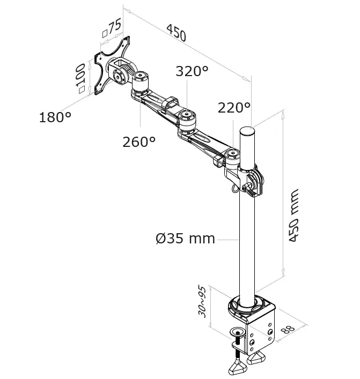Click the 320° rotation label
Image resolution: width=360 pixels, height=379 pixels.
192,72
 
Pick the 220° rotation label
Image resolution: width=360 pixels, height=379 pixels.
234,108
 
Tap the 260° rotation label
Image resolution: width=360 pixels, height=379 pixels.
139,142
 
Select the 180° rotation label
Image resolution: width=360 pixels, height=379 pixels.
55,117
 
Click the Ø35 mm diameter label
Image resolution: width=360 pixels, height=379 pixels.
185,238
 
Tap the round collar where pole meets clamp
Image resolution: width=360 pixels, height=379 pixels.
248,306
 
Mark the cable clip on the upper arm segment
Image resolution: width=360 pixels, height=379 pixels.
171,101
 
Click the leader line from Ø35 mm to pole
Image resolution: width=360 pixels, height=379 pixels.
227,238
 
